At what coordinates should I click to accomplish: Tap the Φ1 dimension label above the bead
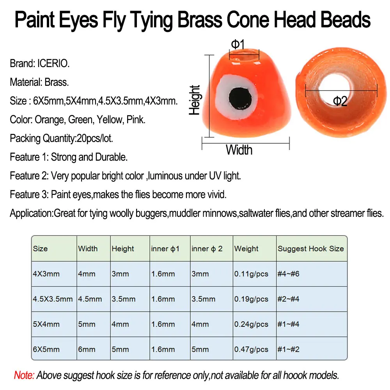238,44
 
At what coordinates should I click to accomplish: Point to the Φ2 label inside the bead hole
340,101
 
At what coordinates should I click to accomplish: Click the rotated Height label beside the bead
195,100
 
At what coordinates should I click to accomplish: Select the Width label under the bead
239,150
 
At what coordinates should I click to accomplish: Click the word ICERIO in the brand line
53,64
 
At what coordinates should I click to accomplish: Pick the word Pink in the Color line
136,120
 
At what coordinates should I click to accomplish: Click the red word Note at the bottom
24,375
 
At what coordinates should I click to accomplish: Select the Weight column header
246,248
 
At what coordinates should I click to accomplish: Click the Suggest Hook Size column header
311,248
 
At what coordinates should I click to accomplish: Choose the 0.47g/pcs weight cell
251,349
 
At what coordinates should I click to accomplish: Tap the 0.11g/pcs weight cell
251,274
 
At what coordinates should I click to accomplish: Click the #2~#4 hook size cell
288,299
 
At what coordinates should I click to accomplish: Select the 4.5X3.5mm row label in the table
53,299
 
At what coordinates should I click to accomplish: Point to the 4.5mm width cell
90,299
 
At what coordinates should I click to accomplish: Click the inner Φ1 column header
165,248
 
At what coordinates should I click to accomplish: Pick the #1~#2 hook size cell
288,349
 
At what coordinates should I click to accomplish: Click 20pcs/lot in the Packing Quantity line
95,138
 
